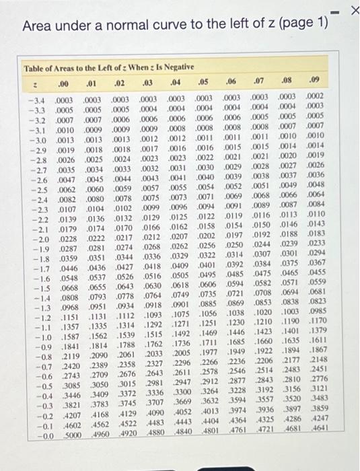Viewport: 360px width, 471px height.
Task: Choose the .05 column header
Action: [x=202, y=82]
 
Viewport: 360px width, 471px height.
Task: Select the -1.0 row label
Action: [x=36, y=336]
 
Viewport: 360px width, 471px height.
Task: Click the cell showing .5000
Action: [x=63, y=435]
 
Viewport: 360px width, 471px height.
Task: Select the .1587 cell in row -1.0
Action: [x=63, y=336]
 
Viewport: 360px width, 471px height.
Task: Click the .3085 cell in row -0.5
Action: [x=63, y=386]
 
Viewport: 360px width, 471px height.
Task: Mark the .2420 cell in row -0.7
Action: [x=63, y=366]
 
